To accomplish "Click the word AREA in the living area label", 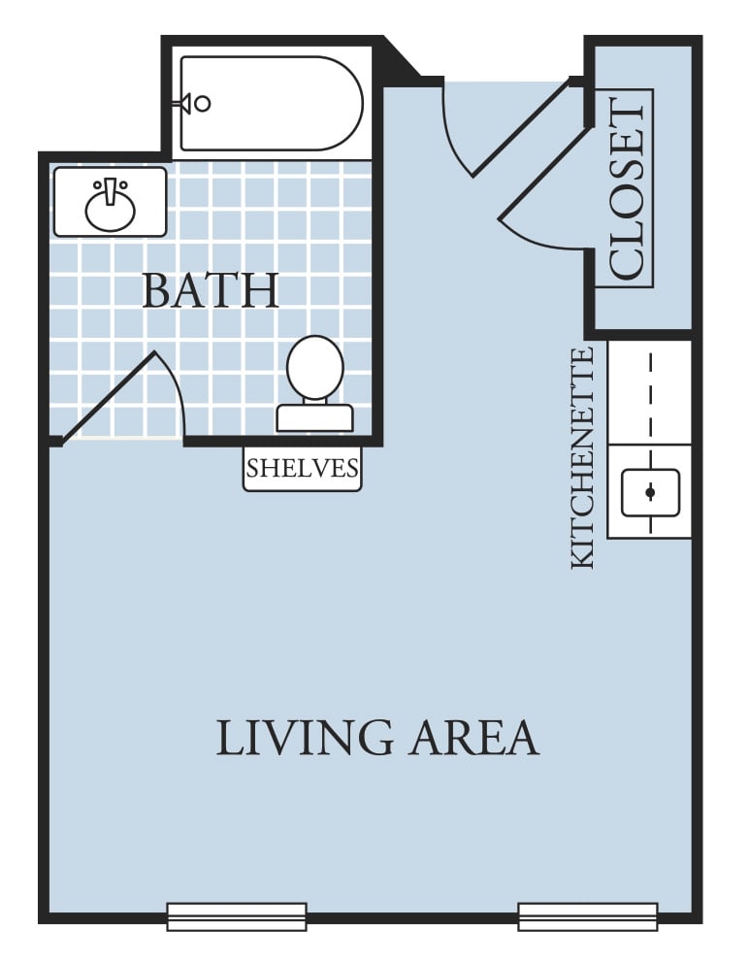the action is [x=473, y=738].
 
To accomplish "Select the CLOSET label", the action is [x=626, y=188].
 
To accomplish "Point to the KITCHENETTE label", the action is [x=583, y=458].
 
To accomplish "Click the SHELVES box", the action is [x=302, y=469].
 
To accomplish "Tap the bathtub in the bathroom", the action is [x=272, y=104].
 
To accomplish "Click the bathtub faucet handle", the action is [x=196, y=104].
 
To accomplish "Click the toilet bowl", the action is [x=315, y=368].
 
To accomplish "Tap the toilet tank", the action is [x=315, y=418].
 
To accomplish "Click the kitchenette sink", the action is [x=650, y=493].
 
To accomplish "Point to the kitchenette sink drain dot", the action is [x=650, y=492].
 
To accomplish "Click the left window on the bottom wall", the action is [x=237, y=917].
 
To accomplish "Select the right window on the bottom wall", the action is [x=588, y=917].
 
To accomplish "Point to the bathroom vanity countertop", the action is [x=110, y=202].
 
